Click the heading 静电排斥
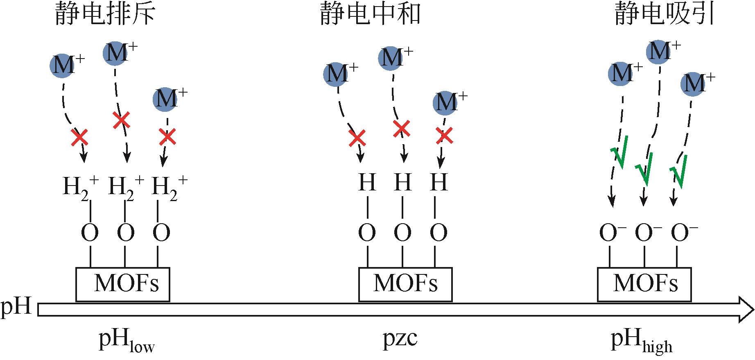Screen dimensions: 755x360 tap(105, 15)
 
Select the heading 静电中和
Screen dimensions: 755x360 tap(370, 15)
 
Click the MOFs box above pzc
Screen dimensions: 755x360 tap(405, 285)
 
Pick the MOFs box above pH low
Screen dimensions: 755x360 tap(122, 285)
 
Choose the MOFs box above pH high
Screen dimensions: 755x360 tap(644, 285)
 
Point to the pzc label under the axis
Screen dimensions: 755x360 tap(400, 339)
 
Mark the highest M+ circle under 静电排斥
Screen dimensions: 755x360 tap(115, 53)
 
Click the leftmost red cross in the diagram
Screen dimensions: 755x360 tap(79, 137)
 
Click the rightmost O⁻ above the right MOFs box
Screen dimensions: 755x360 tap(684, 233)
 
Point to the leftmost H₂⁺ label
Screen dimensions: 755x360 tap(81, 188)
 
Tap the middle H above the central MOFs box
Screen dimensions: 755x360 tap(402, 182)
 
